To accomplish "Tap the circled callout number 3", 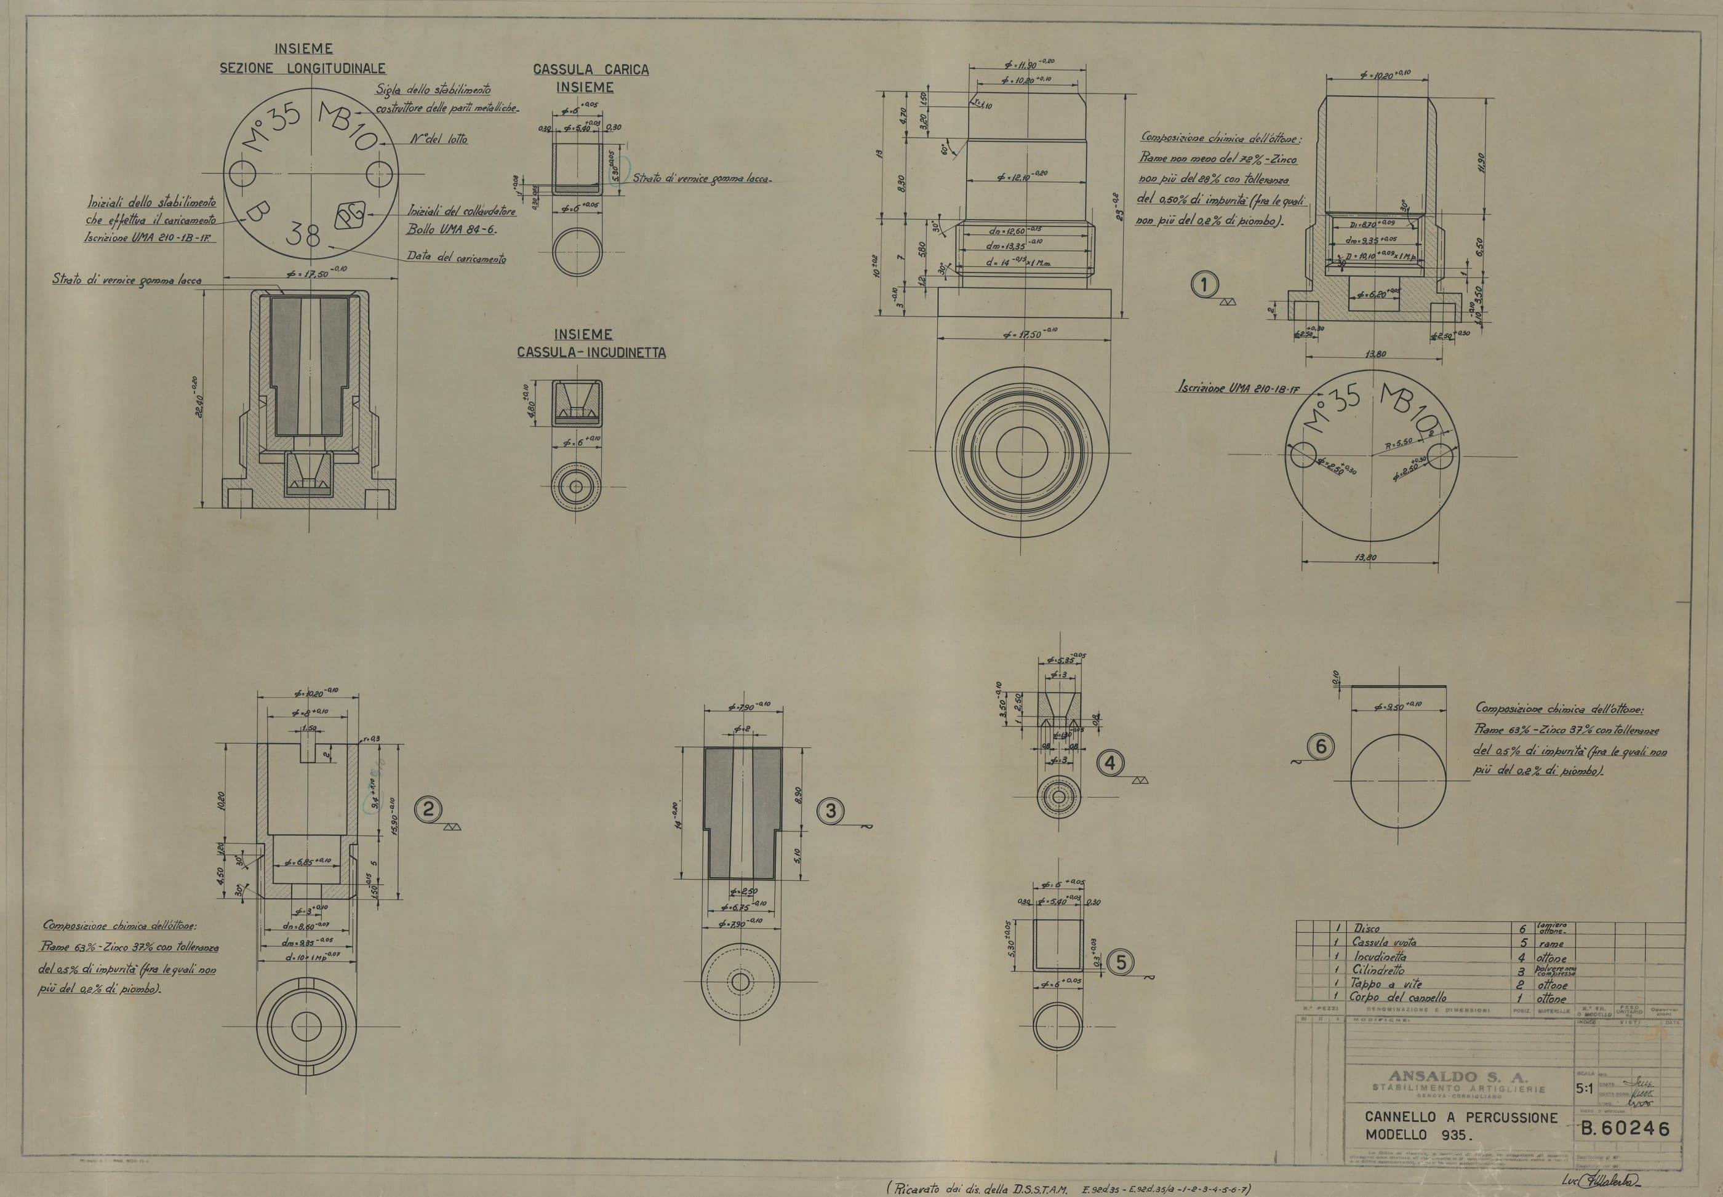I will pyautogui.click(x=830, y=810).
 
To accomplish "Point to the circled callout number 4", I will pyautogui.click(x=1110, y=763).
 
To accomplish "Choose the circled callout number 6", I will pyautogui.click(x=1321, y=746).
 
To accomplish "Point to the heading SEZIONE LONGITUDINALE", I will pyautogui.click(x=302, y=68).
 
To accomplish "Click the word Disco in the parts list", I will pyautogui.click(x=1367, y=928).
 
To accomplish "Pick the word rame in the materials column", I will pyautogui.click(x=1551, y=944).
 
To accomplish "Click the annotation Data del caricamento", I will pyautogui.click(x=456, y=257).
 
